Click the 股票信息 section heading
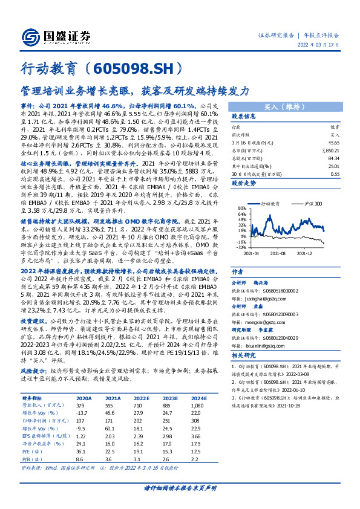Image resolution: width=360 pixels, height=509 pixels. tap(244, 117)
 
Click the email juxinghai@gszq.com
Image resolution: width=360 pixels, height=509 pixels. tap(254, 281)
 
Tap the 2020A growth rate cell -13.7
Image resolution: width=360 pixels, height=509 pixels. tap(82, 412)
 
